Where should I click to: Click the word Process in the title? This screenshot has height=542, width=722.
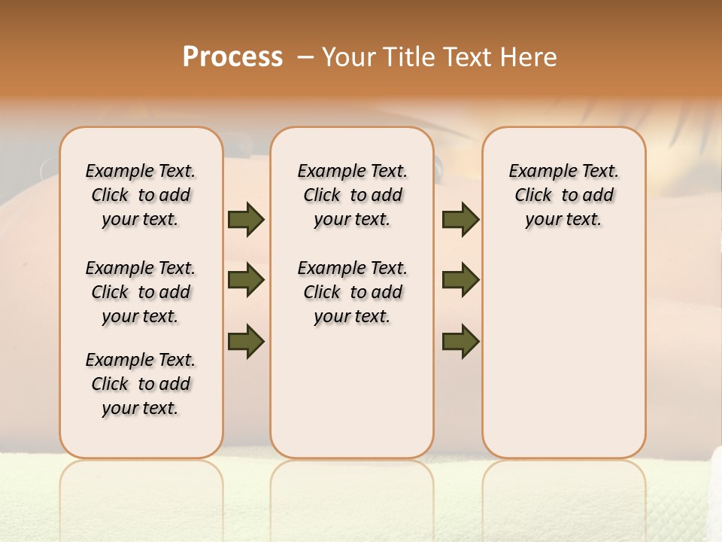click(x=232, y=56)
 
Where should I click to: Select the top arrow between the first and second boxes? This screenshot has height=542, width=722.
click(x=246, y=219)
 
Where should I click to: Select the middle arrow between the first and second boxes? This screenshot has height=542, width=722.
click(x=246, y=280)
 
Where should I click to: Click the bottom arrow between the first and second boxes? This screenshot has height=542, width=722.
click(x=246, y=341)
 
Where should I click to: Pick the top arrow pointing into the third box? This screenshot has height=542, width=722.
click(x=460, y=219)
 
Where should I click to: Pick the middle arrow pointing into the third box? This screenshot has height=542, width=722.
click(x=460, y=280)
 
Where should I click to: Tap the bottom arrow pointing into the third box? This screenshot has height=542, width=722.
click(x=460, y=341)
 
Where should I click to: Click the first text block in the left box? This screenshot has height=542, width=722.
click(x=141, y=195)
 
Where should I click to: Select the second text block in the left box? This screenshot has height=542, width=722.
click(x=141, y=292)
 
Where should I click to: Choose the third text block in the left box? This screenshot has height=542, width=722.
click(x=141, y=384)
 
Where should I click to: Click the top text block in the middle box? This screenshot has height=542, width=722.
click(x=352, y=195)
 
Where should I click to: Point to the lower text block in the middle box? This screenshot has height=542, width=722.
click(x=352, y=292)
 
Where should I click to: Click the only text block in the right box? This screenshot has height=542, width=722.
click(x=563, y=195)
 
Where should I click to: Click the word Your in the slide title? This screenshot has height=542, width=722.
click(x=348, y=56)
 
